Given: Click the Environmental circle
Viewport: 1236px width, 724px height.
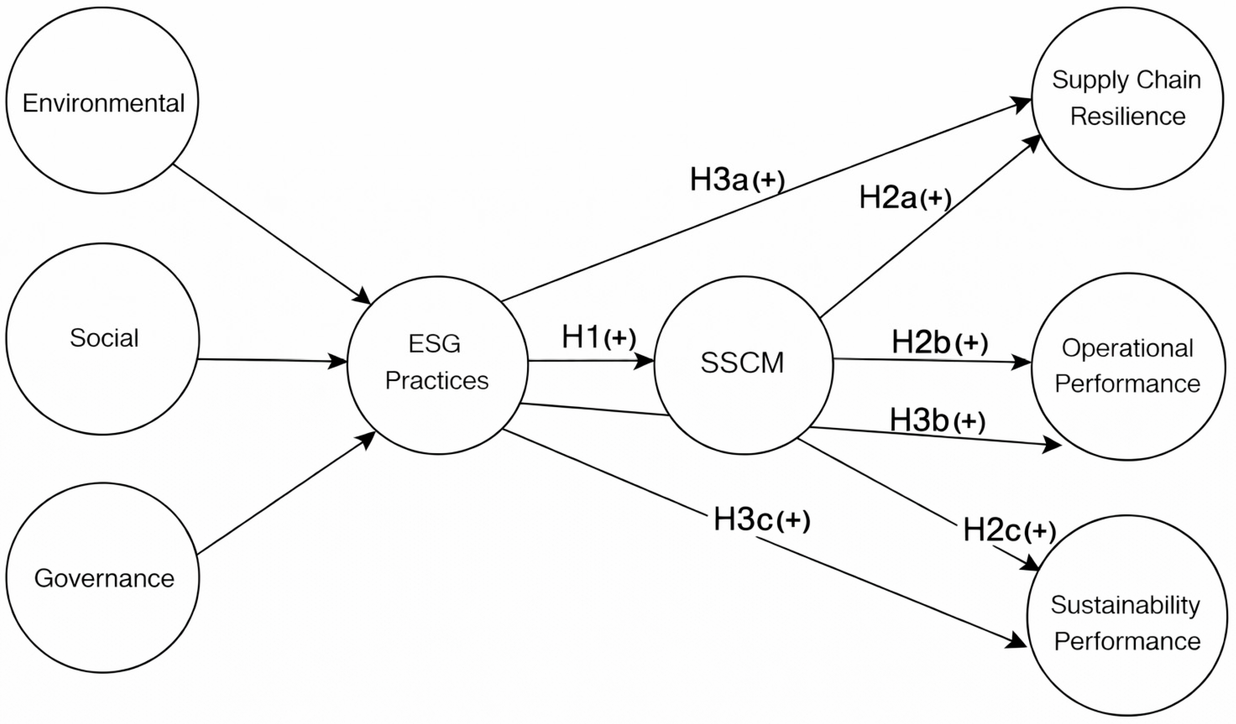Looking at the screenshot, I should [x=103, y=100].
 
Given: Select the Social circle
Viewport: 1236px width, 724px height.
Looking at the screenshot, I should [x=103, y=339].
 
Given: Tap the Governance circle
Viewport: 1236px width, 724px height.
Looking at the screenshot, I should [x=103, y=578].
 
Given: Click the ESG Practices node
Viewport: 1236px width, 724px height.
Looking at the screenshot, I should [x=437, y=365].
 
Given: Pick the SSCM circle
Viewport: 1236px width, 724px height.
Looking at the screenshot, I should [x=743, y=365].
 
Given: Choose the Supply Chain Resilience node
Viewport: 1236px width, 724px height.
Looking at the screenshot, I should [x=1127, y=98].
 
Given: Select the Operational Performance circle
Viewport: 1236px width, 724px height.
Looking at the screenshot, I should [x=1127, y=366].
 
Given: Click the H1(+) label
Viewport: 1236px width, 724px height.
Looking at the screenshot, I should [x=598, y=338].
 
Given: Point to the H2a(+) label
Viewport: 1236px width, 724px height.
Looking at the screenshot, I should [x=905, y=198].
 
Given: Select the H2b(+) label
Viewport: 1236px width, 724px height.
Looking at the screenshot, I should [x=939, y=342].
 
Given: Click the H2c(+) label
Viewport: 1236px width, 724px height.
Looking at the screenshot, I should [x=1009, y=530].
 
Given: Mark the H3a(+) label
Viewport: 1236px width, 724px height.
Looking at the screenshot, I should [x=737, y=180].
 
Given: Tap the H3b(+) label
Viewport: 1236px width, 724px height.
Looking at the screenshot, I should [x=937, y=421].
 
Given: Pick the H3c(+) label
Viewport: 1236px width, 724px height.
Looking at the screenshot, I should [x=761, y=519].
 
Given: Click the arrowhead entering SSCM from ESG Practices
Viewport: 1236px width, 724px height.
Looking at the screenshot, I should [x=645, y=361].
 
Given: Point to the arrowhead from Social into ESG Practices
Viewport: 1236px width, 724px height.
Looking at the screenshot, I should [x=338, y=362].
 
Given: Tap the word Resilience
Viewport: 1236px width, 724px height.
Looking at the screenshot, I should [x=1128, y=117].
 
